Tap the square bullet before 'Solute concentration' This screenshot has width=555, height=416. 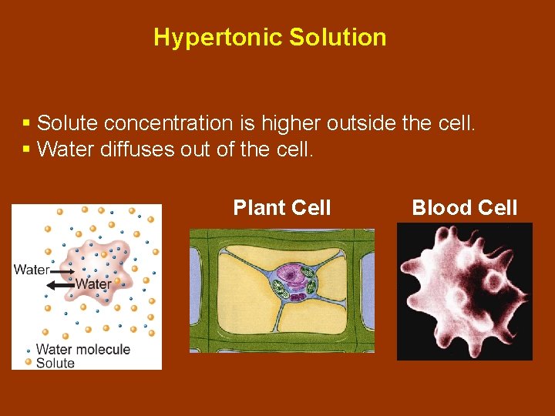coord(26,123)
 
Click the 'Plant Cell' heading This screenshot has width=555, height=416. coord(282,208)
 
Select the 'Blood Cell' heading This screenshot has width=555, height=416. coord(464,208)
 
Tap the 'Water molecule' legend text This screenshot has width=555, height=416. coord(83,349)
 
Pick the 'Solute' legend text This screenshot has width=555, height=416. coord(55,363)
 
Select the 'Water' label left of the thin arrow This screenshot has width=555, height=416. coord(32,270)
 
